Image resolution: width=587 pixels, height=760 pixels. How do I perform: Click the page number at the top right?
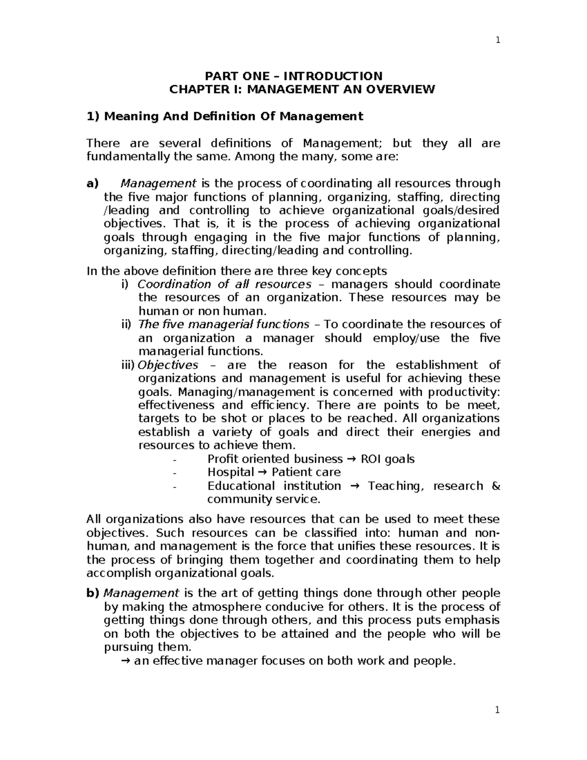[x=497, y=41]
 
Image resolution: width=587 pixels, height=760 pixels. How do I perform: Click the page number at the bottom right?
[x=497, y=711]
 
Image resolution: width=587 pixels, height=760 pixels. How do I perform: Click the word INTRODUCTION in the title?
[x=333, y=76]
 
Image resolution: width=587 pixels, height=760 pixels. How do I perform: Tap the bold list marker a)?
[x=92, y=184]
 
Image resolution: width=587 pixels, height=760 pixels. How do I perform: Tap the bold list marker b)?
[x=92, y=594]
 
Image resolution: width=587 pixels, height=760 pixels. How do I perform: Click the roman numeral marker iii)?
[x=128, y=365]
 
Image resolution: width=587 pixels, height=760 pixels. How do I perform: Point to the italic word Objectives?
[x=168, y=365]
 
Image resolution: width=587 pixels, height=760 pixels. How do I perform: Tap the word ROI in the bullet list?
[x=372, y=459]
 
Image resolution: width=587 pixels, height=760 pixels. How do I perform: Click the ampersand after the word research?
[x=495, y=486]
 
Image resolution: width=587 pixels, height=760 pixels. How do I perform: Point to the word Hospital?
[x=230, y=472]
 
